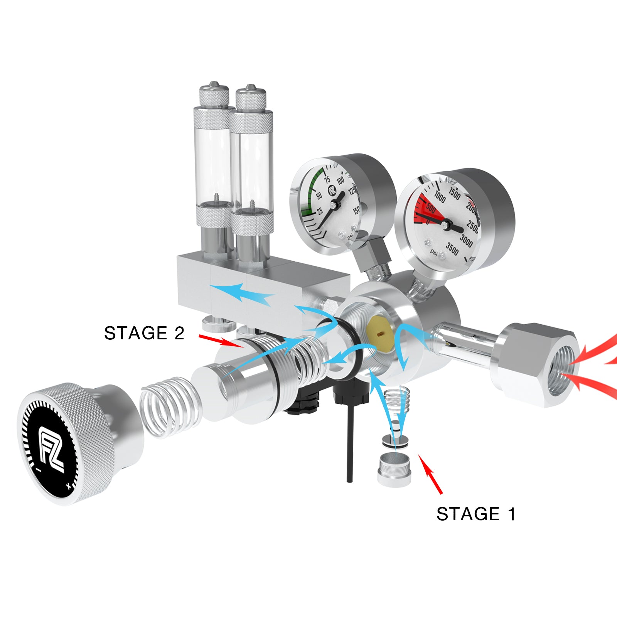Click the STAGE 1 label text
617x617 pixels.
click(x=475, y=514)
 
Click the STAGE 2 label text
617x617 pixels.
click(x=144, y=333)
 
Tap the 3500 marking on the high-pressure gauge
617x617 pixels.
click(x=452, y=249)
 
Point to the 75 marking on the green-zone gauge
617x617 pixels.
click(x=327, y=180)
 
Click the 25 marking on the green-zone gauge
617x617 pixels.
click(x=319, y=211)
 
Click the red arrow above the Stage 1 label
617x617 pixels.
click(x=430, y=474)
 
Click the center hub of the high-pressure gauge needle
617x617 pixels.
click(x=446, y=224)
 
